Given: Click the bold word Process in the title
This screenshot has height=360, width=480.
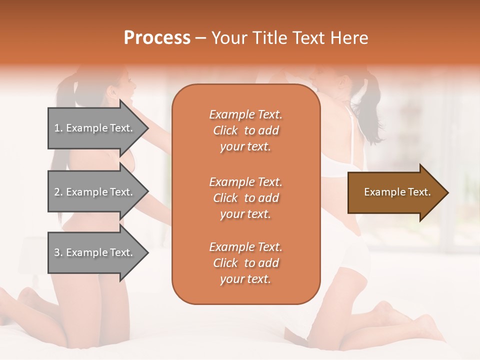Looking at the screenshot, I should click(157, 37).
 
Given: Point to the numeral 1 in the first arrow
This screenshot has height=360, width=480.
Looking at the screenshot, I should click(57, 128).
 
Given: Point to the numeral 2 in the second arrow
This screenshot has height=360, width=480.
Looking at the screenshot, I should click(57, 192).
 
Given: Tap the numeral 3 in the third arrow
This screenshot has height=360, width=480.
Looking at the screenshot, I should click(57, 252).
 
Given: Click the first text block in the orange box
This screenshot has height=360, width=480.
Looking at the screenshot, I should click(245, 130).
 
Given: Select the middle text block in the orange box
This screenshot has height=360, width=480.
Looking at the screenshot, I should click(245, 198).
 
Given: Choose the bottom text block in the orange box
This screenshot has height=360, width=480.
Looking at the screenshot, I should click(245, 263).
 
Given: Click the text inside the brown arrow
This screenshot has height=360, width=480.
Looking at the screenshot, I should click(397, 192).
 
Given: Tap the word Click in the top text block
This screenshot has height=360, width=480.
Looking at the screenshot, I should click(225, 130).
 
